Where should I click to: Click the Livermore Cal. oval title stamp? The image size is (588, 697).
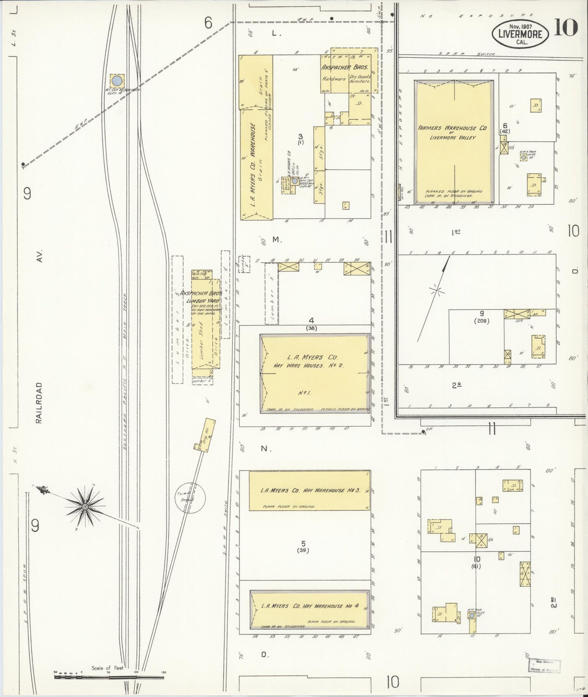tap(520, 34)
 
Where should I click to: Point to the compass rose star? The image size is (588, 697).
tap(85, 506)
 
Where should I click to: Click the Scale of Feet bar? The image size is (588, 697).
tap(109, 677)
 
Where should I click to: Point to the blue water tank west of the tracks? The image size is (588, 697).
tap(117, 80)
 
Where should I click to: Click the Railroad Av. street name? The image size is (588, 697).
tap(39, 403)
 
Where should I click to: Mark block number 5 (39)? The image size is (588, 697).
tap(303, 546)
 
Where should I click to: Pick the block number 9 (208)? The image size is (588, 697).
tap(481, 316)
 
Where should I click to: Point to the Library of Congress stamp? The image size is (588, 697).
tap(544, 666)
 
